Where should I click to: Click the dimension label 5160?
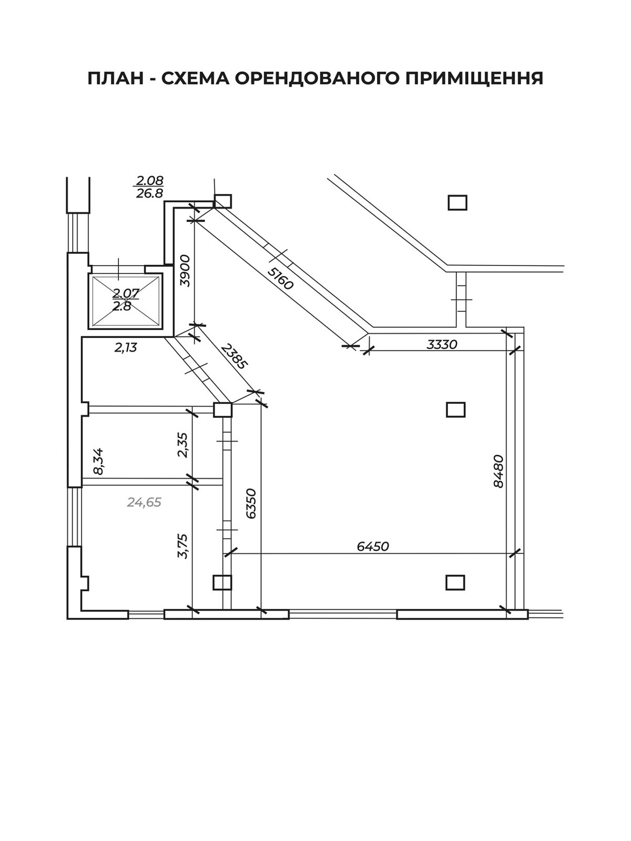(x=280, y=279)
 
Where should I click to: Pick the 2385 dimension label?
(x=235, y=355)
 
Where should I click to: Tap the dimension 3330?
(x=442, y=344)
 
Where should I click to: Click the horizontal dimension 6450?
(x=373, y=546)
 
